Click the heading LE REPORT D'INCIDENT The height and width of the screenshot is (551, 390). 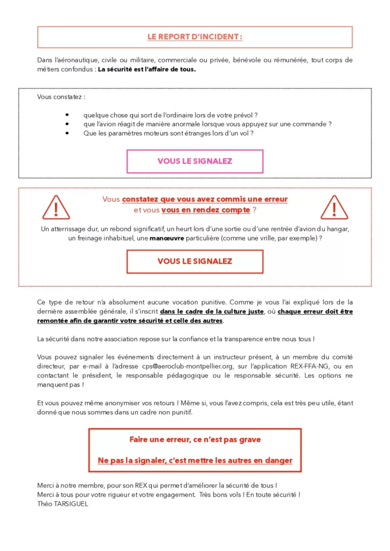coord(195,37)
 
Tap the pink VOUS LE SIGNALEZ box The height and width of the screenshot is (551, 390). coord(194,161)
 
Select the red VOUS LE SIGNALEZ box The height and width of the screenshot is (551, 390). coord(194,262)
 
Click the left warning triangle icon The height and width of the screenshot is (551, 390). coord(56,207)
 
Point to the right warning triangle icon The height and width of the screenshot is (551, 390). coord(334,207)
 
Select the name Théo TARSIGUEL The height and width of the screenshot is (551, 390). coord(63,504)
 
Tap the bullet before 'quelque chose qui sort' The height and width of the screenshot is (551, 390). coord(66,115)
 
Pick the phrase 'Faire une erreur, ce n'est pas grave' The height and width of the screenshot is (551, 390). coord(194,440)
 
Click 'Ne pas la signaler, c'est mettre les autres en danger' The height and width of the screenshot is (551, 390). coord(194,460)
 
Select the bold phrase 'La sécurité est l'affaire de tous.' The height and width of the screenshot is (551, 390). coord(147,69)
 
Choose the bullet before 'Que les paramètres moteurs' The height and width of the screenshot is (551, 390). coord(66,133)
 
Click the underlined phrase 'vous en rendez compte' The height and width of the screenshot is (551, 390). coord(205,210)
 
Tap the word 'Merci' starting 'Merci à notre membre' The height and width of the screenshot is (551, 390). coord(46,485)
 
